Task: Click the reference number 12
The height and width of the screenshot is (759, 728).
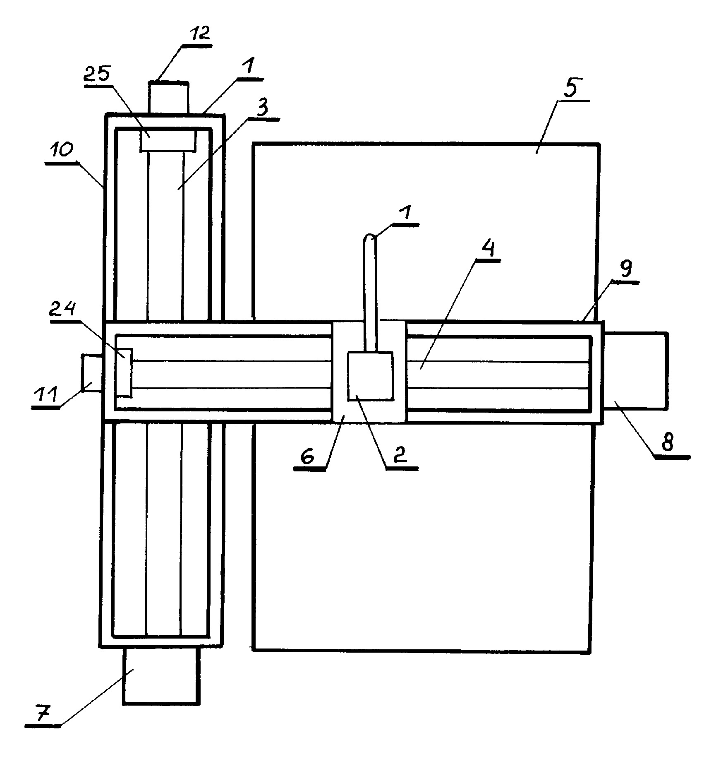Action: pos(199,34)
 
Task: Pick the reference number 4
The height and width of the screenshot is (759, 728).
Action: pos(488,250)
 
